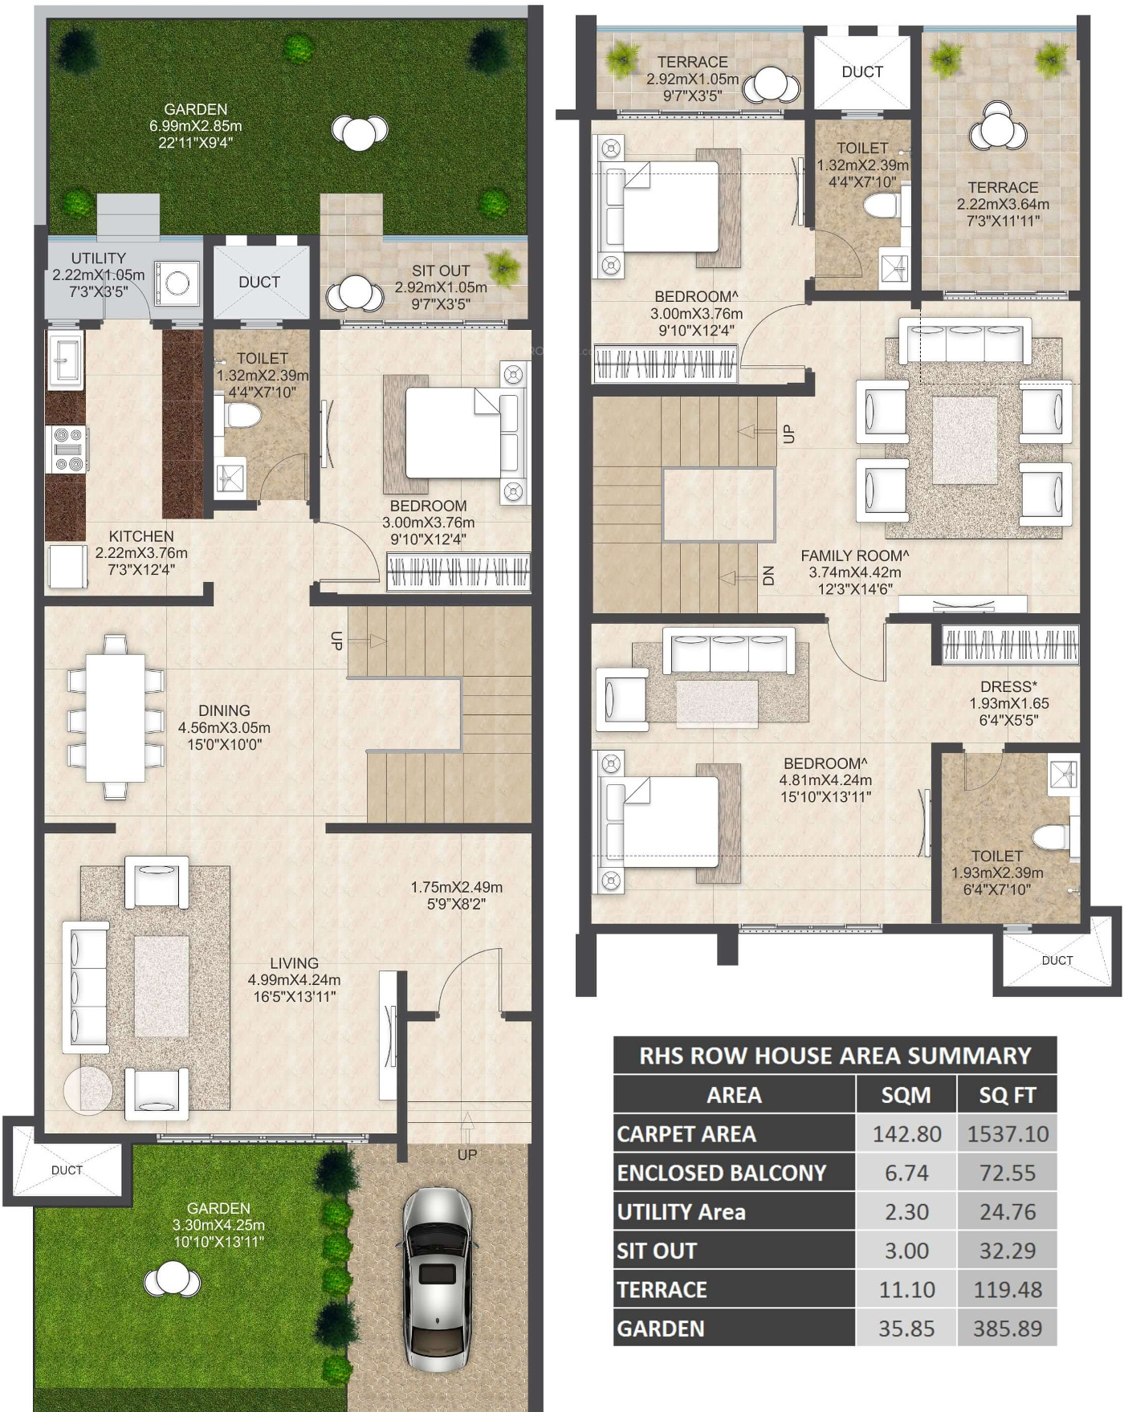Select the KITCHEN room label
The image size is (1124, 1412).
click(141, 536)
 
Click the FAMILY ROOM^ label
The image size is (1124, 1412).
click(854, 555)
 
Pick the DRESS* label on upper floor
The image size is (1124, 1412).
click(1008, 686)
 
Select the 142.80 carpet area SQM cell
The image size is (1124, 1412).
click(906, 1133)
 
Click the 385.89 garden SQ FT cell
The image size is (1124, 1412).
click(1008, 1329)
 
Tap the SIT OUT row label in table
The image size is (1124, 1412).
click(656, 1251)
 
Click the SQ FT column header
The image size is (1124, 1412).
click(1008, 1095)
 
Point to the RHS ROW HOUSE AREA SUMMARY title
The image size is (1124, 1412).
click(835, 1056)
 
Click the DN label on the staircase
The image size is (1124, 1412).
click(768, 576)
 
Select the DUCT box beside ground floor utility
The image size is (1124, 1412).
click(261, 282)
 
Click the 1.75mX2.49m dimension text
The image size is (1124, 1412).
click(457, 887)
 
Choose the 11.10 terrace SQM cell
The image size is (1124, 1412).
click(906, 1289)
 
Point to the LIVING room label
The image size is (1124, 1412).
click(294, 962)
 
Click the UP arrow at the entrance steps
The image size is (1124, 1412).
click(467, 1127)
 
